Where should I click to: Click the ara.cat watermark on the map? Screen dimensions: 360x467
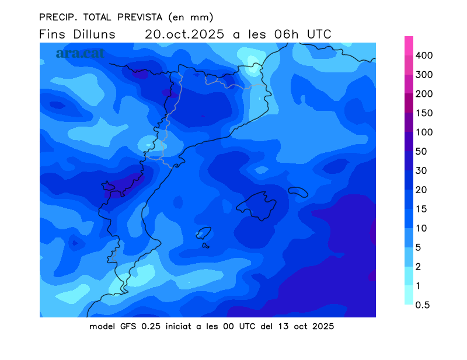pyautogui.click(x=80, y=53)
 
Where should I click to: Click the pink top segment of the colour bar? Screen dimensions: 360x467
pyautogui.click(x=409, y=46)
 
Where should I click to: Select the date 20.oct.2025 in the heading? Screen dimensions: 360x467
pyautogui.click(x=184, y=34)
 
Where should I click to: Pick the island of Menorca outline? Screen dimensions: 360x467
pyautogui.click(x=298, y=191)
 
